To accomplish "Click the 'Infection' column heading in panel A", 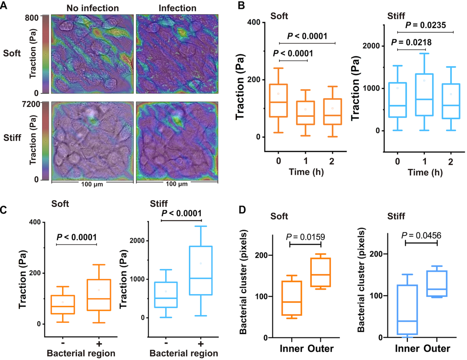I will click(x=178, y=8).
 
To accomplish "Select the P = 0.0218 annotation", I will click(x=413, y=42).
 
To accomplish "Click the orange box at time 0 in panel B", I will click(x=278, y=100).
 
